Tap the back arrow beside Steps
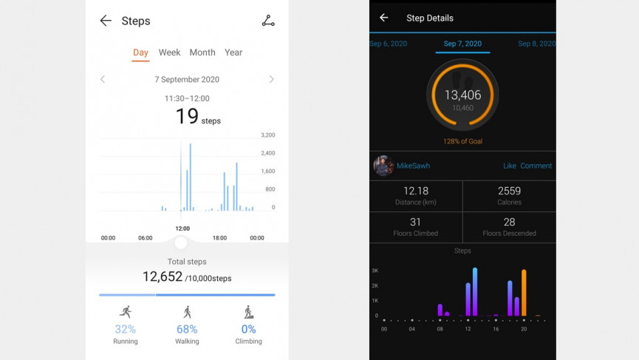coord(106,21)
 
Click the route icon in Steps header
coord(268,21)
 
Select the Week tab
coord(169,52)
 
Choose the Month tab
coord(202,52)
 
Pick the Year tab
coord(233,52)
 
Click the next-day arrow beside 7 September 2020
coord(272,79)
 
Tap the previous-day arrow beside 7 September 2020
coord(103,79)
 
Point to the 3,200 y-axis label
coord(267,135)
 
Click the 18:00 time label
coord(219,238)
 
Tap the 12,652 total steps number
coord(163,276)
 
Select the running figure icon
coord(126,312)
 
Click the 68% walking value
coord(187,329)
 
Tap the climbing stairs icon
coord(249,312)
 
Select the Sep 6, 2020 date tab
coord(389,44)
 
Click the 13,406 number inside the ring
coord(462,95)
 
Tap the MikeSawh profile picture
coord(383,166)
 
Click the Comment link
coord(536,166)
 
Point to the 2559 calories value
coord(509,191)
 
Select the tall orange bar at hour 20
coord(524,293)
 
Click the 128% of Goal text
coord(462,141)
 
